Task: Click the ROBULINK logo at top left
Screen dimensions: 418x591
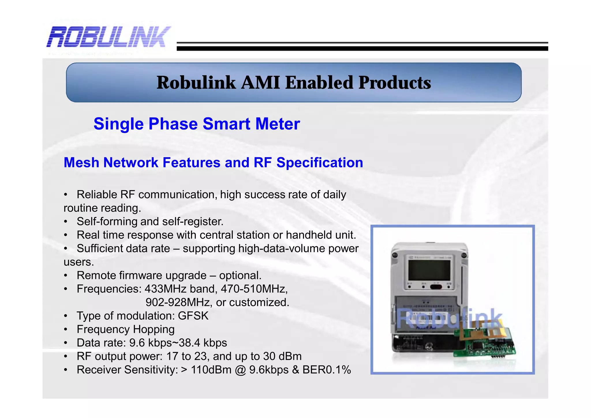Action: tap(109, 37)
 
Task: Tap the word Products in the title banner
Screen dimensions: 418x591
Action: tap(394, 83)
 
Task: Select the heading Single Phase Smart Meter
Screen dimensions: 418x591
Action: tap(197, 124)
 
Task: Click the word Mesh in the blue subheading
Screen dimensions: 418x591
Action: tap(81, 162)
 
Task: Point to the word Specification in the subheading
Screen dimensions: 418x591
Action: tap(319, 162)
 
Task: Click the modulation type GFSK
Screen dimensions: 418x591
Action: tap(193, 316)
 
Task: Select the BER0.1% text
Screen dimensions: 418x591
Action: tap(326, 370)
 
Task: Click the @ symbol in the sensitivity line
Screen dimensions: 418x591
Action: tap(240, 370)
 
